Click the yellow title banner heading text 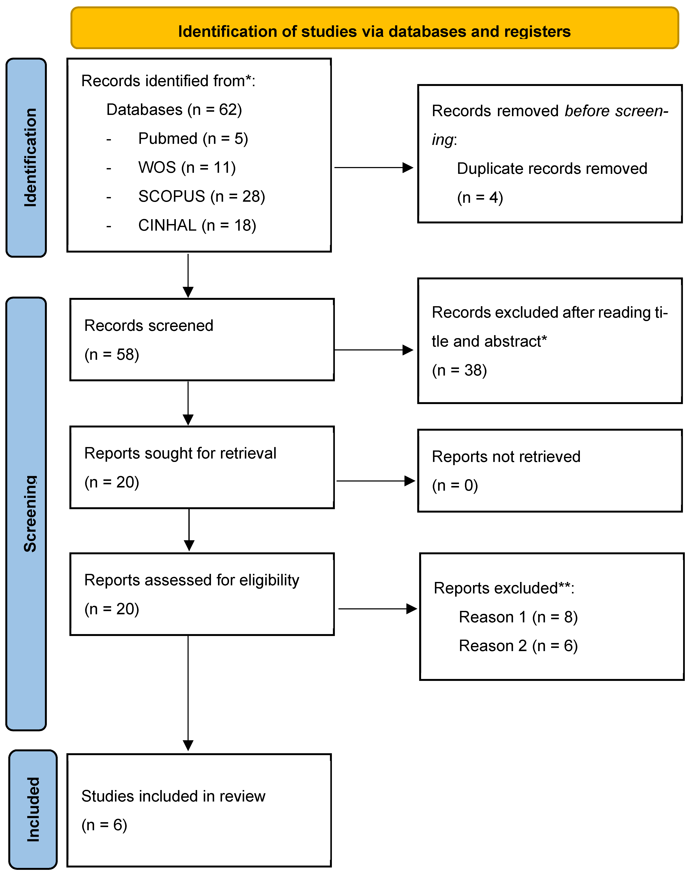[x=374, y=31]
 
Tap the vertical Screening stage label [x=30, y=514]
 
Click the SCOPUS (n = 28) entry [x=201, y=197]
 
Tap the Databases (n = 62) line [x=174, y=110]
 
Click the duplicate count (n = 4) [x=480, y=197]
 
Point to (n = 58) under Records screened [x=112, y=355]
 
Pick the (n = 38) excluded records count [x=459, y=370]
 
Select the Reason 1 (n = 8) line [x=518, y=617]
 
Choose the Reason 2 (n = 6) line [x=518, y=646]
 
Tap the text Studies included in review [x=173, y=796]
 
